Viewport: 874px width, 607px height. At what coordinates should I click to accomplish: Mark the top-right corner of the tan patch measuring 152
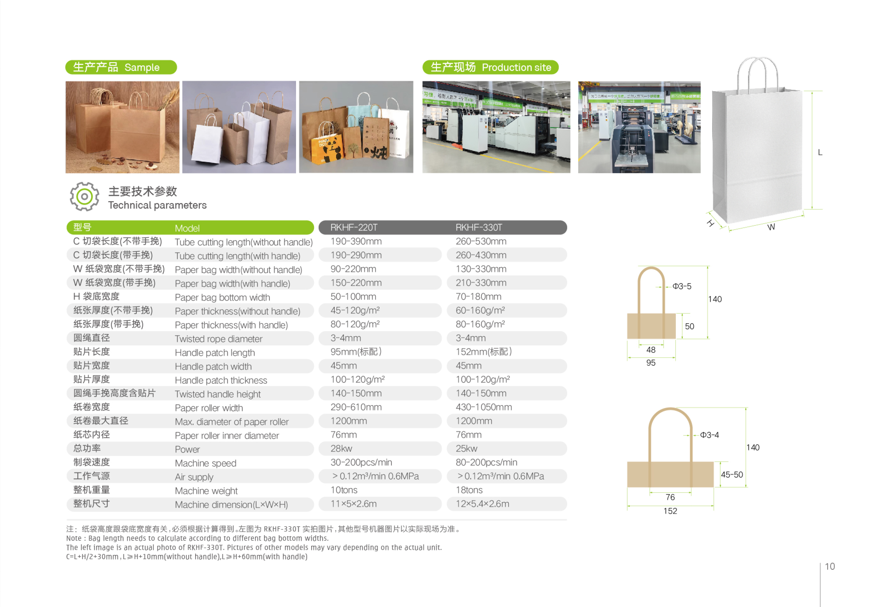(713, 462)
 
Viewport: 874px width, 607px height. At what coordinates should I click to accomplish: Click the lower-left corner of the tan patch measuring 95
(627, 338)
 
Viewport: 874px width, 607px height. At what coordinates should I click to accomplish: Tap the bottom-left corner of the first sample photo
(66, 173)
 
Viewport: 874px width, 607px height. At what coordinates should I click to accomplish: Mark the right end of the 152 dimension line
(713, 506)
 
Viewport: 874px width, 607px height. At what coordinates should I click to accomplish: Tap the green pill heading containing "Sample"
(121, 67)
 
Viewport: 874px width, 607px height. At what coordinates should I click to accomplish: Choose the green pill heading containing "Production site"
(490, 67)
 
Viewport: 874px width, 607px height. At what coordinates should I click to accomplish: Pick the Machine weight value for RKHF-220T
(344, 490)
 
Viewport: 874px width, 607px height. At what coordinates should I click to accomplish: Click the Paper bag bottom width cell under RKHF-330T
(478, 297)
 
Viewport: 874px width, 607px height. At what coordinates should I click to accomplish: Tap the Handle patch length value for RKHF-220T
(356, 352)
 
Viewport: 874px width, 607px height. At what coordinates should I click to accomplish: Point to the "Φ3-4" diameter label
(709, 435)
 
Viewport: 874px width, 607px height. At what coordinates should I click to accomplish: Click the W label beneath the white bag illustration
(771, 227)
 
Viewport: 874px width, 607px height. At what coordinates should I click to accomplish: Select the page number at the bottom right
(830, 567)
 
